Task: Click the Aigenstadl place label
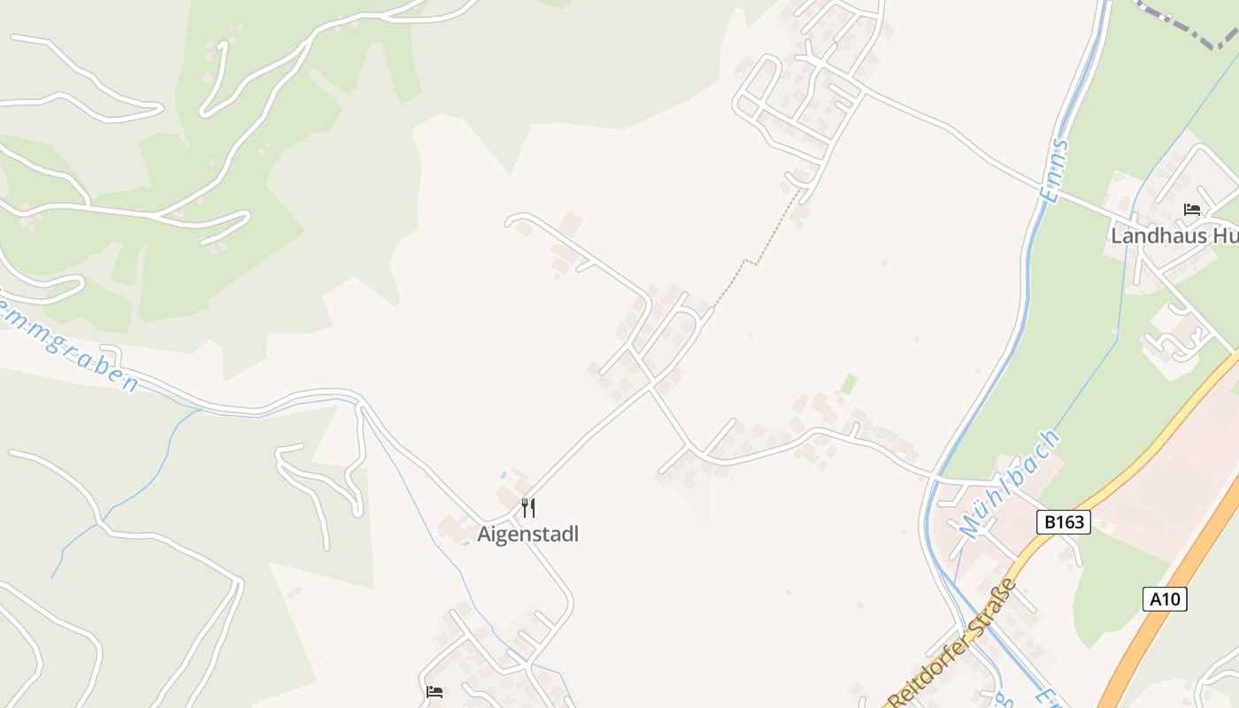527,535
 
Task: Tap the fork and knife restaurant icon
528,508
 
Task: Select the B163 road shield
1064,522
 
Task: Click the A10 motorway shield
1165,599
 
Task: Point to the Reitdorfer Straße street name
952,643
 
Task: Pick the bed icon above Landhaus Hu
1192,210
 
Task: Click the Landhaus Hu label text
1174,236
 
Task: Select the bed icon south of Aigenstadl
435,691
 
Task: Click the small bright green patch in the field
849,384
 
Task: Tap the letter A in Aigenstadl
484,535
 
